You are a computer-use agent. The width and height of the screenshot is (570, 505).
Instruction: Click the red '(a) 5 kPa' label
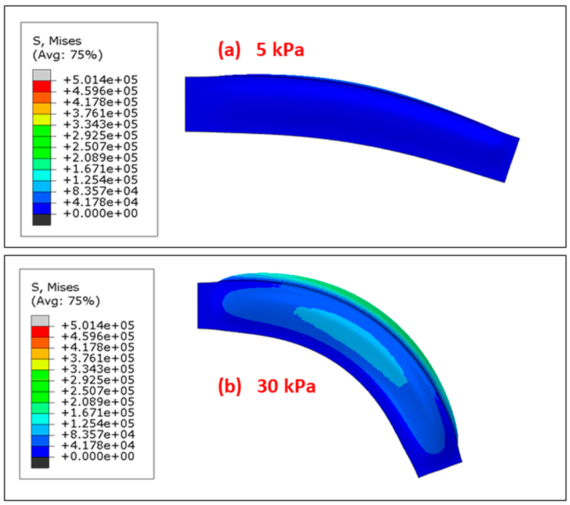[261, 50]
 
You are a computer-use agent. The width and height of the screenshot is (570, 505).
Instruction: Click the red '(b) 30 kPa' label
[267, 386]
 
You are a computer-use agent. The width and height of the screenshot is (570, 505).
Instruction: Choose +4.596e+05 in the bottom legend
[98, 336]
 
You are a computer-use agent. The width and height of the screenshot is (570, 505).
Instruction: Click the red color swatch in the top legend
[42, 86]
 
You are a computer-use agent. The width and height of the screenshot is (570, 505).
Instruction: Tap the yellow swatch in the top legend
[42, 120]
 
